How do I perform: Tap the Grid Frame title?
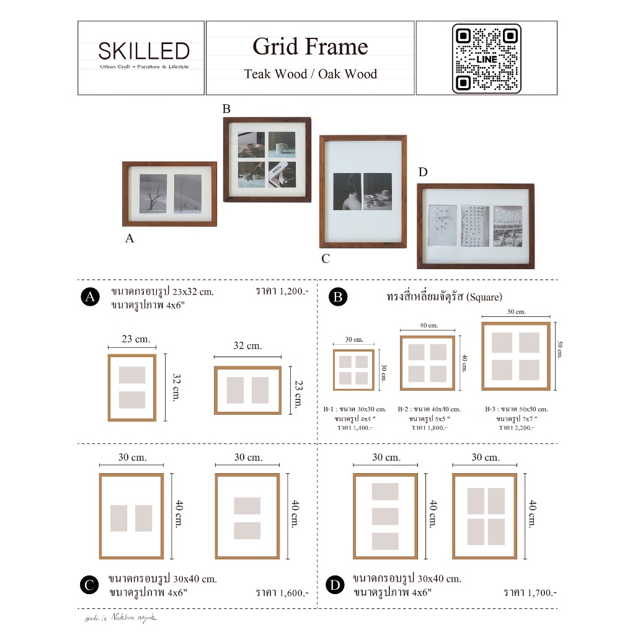[x=310, y=47]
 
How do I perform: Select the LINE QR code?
[x=486, y=58]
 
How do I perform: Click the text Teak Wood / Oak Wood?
[x=310, y=74]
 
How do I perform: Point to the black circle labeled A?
[x=91, y=298]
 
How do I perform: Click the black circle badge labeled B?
[x=338, y=298]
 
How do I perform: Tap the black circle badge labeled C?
[x=90, y=585]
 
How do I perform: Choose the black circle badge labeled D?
[x=335, y=585]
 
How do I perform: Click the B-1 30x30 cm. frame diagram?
[x=353, y=370]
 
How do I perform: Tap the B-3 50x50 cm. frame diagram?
[x=516, y=356]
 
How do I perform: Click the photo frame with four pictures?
[x=267, y=159]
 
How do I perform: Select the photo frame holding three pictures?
[x=476, y=226]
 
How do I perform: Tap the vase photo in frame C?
[x=347, y=192]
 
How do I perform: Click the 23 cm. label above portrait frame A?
[x=135, y=339]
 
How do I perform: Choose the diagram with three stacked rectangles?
[x=384, y=516]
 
